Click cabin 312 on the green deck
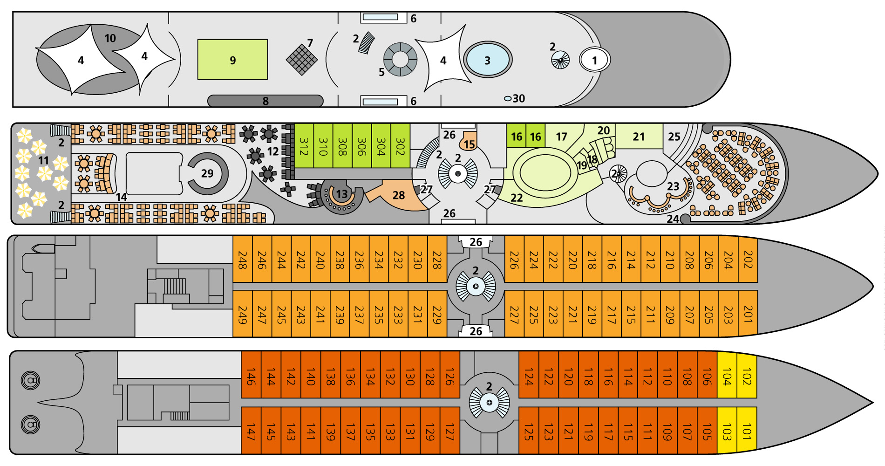(304, 146)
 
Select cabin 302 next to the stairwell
(400, 146)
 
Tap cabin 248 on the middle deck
(242, 259)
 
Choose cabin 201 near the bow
(748, 313)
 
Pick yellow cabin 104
(727, 376)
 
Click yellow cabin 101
(747, 430)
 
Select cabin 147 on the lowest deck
(251, 431)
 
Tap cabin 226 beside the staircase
(514, 259)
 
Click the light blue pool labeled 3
(488, 60)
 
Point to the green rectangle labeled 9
(232, 60)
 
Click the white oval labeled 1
(594, 60)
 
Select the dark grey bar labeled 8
(265, 101)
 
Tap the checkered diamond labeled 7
(301, 59)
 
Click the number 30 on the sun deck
(518, 98)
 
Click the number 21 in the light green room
(639, 137)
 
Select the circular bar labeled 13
(340, 196)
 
